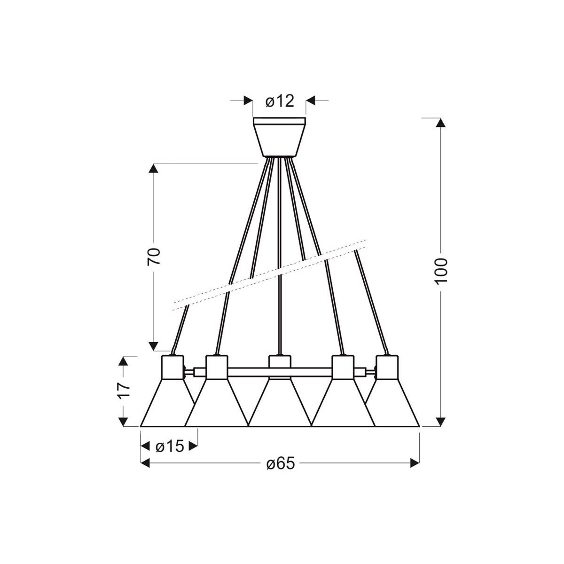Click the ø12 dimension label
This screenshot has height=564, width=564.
[x=280, y=101]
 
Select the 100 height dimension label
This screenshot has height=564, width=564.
[x=441, y=270]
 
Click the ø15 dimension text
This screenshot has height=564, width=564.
[x=169, y=446]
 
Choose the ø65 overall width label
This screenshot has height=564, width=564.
[x=280, y=464]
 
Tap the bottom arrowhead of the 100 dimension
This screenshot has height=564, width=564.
[x=440, y=421]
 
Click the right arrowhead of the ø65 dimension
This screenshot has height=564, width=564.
[x=415, y=463]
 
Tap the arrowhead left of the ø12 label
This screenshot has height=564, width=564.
[x=248, y=100]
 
